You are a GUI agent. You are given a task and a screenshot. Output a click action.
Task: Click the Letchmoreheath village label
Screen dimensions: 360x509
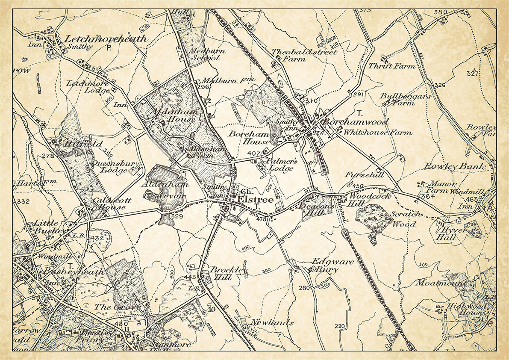point(106,38)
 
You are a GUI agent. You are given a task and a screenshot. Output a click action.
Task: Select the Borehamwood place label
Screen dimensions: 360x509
point(356,122)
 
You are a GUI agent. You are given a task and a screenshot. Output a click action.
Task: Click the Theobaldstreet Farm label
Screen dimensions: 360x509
point(304,55)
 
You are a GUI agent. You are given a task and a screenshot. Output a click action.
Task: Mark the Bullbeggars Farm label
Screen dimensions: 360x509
point(405,100)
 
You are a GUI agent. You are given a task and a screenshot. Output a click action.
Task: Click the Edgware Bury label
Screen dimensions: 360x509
point(332,265)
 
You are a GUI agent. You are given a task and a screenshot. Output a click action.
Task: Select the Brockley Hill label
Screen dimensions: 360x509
point(228,274)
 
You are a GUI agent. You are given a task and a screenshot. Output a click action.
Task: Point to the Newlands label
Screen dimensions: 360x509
point(272,323)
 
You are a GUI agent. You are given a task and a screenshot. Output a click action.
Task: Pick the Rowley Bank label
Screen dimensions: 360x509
point(455,166)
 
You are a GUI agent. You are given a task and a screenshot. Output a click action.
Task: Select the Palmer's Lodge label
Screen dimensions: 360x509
point(280,165)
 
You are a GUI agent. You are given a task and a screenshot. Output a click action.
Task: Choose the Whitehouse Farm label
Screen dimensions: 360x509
point(378,133)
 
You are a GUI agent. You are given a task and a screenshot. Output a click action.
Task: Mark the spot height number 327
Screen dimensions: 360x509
point(472,74)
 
